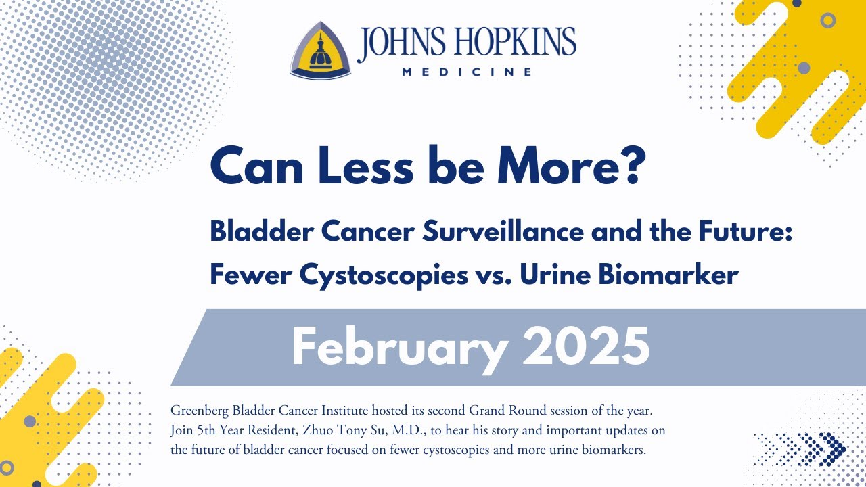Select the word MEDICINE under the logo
click(x=467, y=72)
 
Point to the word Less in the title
click(x=352, y=168)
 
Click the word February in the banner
click(x=399, y=346)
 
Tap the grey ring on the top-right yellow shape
click(x=827, y=20)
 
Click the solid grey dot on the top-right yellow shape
click(x=804, y=68)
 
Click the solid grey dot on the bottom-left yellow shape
click(x=30, y=421)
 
